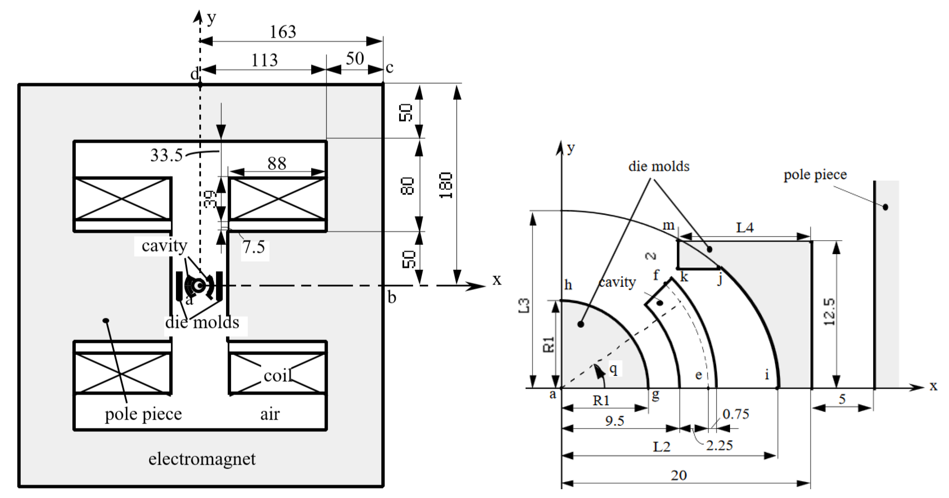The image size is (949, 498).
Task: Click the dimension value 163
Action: click(x=283, y=32)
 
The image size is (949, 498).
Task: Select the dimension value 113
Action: click(x=265, y=60)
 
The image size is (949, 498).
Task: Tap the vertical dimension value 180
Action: click(x=446, y=185)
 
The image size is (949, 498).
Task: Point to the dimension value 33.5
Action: click(x=167, y=155)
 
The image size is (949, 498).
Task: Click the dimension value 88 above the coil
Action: click(x=277, y=164)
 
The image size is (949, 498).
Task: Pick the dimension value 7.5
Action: click(x=254, y=247)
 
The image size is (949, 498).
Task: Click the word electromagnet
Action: click(x=202, y=459)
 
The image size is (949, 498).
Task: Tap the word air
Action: click(x=270, y=414)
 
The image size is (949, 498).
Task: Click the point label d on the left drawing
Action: click(x=194, y=74)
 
